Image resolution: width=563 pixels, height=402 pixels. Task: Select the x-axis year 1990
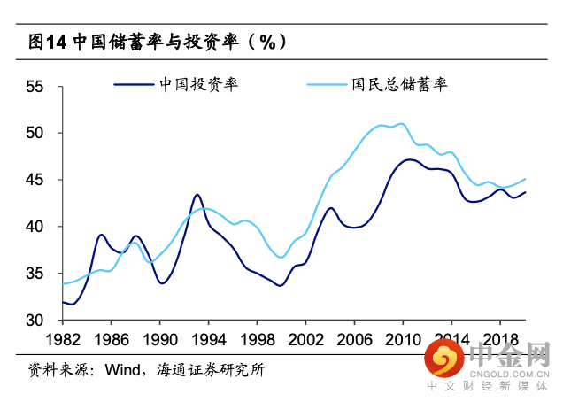159,339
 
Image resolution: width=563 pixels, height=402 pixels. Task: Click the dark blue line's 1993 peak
197,195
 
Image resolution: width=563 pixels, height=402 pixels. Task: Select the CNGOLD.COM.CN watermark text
507,374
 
